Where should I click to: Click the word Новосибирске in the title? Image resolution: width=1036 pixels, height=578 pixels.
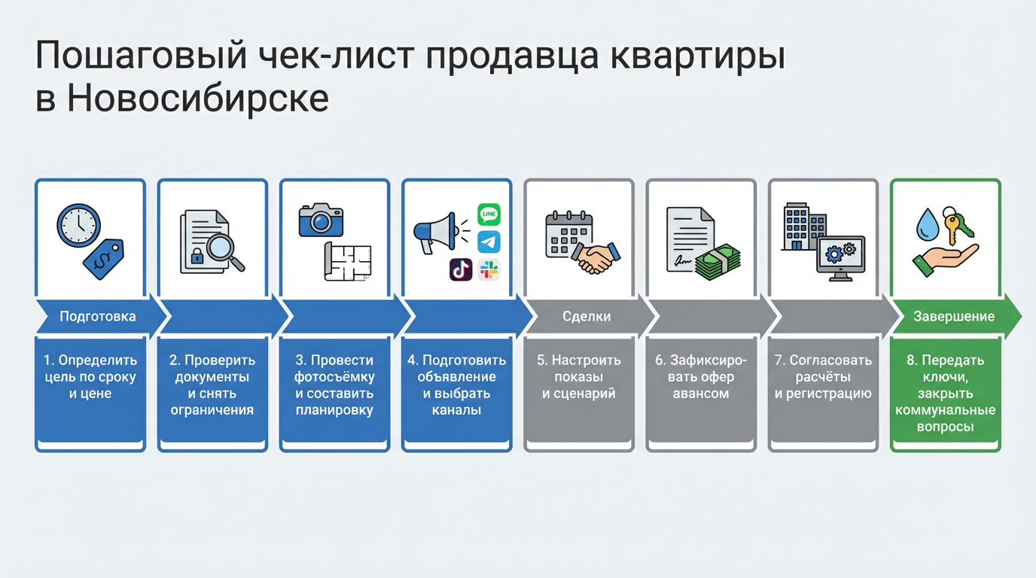(198, 99)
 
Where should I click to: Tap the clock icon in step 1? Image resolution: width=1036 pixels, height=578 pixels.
(78, 224)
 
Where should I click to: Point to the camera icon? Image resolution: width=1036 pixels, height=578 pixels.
(321, 221)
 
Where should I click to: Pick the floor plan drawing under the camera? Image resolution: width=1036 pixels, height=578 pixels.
(348, 261)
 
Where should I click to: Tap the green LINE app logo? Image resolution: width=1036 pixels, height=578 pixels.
(489, 214)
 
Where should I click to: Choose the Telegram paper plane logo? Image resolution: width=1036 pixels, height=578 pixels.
(489, 242)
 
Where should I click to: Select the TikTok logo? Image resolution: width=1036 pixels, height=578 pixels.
(461, 269)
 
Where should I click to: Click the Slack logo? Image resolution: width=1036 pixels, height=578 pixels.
(489, 269)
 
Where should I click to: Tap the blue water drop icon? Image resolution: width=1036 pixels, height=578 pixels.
(927, 224)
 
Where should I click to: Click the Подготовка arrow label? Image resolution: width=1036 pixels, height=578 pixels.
(98, 316)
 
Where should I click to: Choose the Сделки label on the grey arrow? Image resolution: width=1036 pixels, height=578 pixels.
(587, 316)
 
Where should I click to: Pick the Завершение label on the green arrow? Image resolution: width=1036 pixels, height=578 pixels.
(954, 316)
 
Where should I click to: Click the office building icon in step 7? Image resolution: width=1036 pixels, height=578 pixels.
(803, 225)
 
